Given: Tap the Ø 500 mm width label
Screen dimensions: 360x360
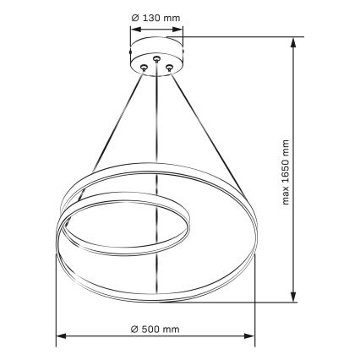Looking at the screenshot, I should [156, 327].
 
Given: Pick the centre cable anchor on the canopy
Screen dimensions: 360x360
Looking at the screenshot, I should [156, 60].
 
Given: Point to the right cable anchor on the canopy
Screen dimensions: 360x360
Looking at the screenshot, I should [169, 66].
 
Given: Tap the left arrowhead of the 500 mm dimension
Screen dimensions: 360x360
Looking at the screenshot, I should [60, 338].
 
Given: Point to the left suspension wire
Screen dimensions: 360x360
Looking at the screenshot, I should [118, 127].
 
